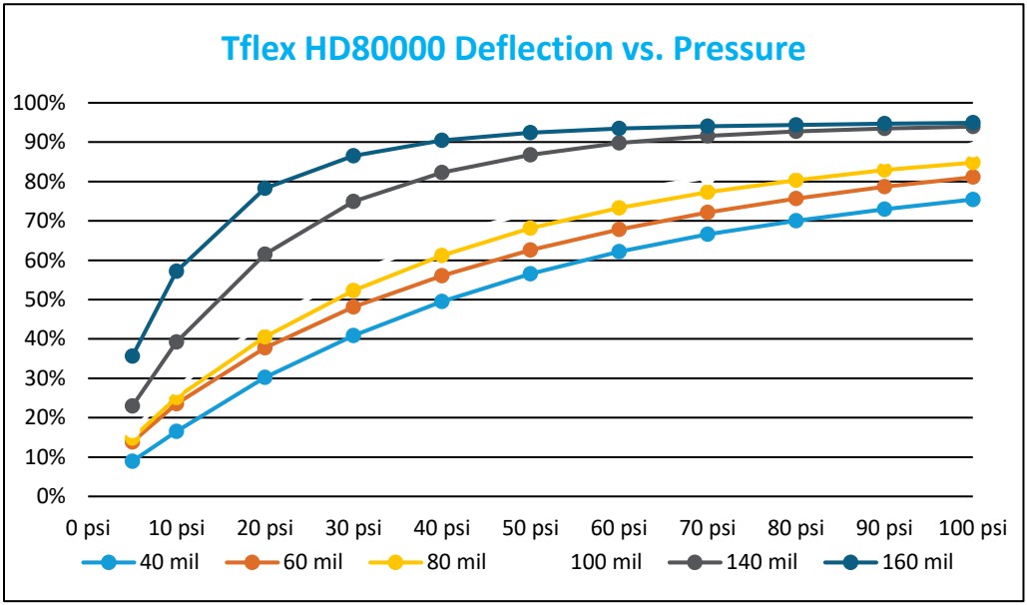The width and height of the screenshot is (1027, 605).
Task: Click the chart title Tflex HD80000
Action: coord(513,48)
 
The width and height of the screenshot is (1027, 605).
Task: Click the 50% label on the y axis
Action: coord(42,300)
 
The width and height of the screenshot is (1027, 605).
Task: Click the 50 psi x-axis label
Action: coord(530,526)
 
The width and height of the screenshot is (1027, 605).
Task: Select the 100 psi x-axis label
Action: coord(971,526)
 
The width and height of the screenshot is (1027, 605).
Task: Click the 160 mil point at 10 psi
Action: coord(177,271)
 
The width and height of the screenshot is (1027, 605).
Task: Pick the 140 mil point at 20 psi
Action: coord(265,254)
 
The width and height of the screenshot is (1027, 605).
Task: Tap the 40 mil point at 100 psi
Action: coord(972,200)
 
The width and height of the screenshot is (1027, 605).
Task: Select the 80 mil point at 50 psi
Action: coord(530,228)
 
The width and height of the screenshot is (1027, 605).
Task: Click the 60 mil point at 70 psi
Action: coord(708,212)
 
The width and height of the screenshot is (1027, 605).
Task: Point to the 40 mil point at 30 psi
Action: coord(353,335)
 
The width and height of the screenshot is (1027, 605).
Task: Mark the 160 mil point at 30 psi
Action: coord(353,156)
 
